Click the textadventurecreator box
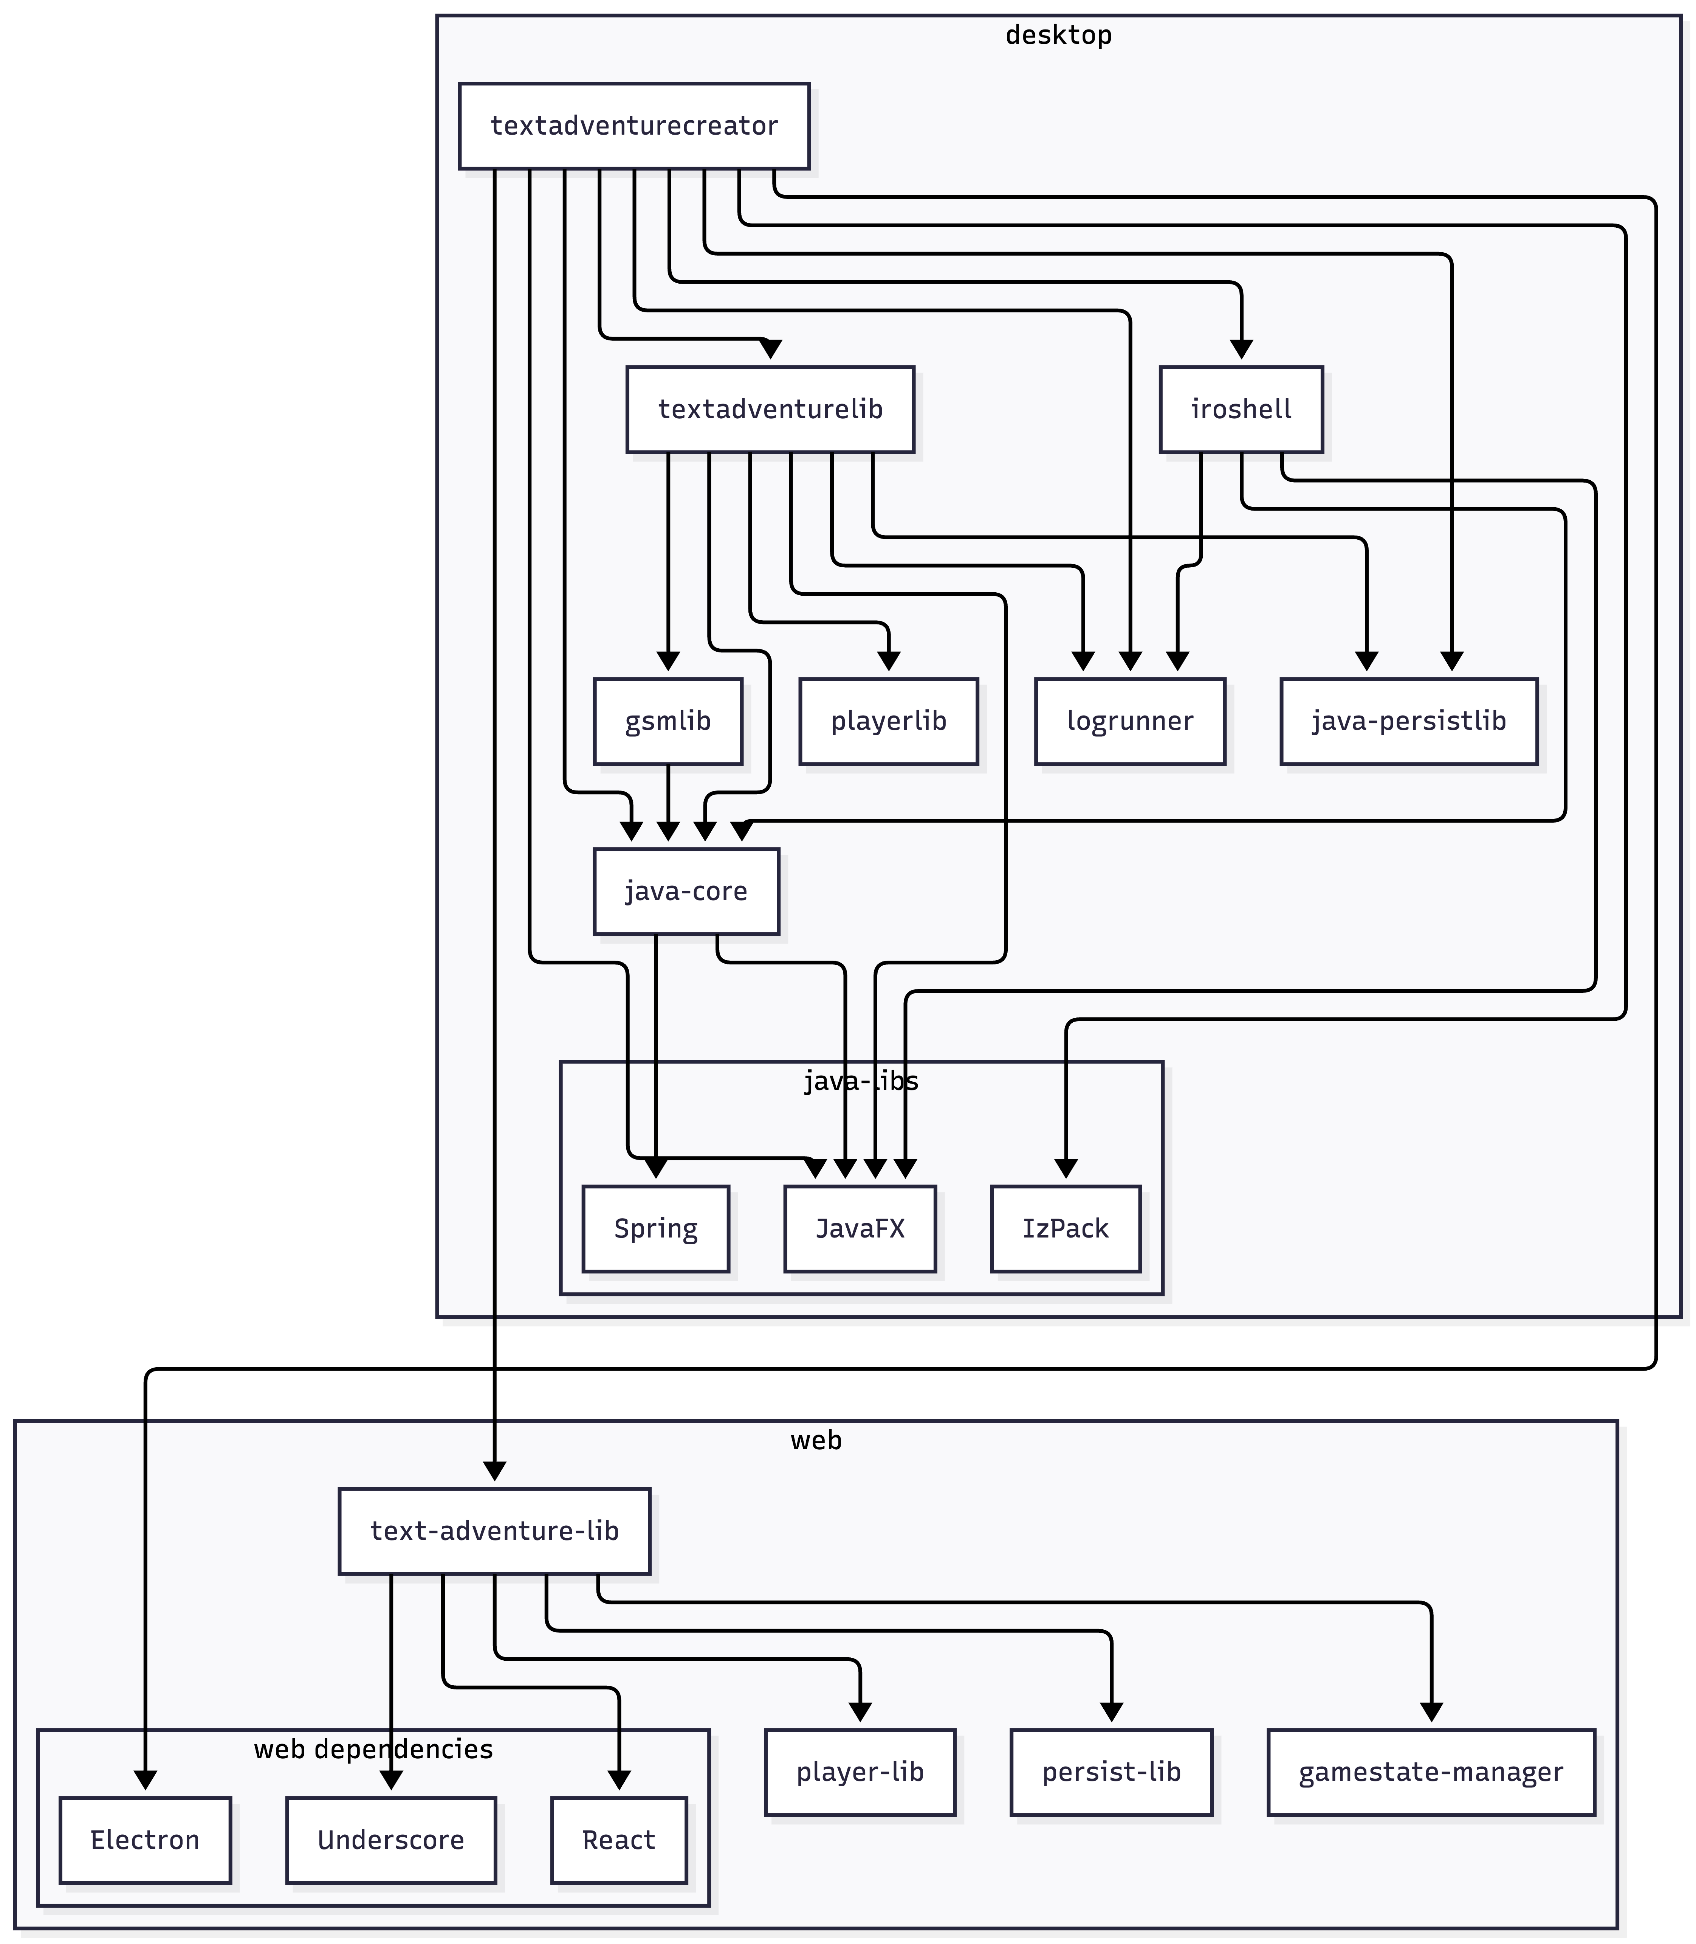click(x=634, y=126)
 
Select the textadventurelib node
click(x=770, y=409)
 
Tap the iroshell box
click(x=1241, y=409)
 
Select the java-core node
click(x=686, y=891)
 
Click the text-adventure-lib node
click(x=494, y=1531)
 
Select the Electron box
click(x=145, y=1840)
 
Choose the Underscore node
click(x=391, y=1840)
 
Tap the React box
click(x=619, y=1840)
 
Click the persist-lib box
click(x=1111, y=1772)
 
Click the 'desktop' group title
click(x=1058, y=35)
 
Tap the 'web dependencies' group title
click(x=373, y=1749)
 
